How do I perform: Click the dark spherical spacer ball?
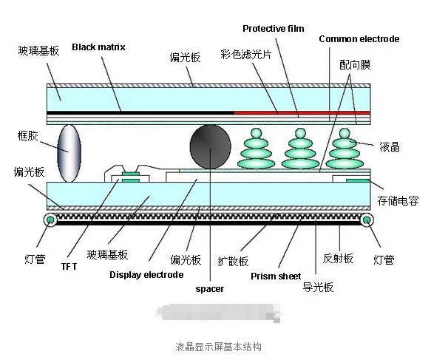[x=211, y=147]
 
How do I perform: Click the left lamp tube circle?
[x=50, y=220]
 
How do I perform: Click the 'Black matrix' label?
[x=98, y=47]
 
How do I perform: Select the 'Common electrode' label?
[x=359, y=38]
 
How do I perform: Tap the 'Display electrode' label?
[x=146, y=275]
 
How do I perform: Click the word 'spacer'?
[x=209, y=289]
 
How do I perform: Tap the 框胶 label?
[x=27, y=136]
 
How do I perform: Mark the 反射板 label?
[x=339, y=258]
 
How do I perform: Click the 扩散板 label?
[x=233, y=260]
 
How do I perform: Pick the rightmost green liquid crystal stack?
[x=342, y=147]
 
